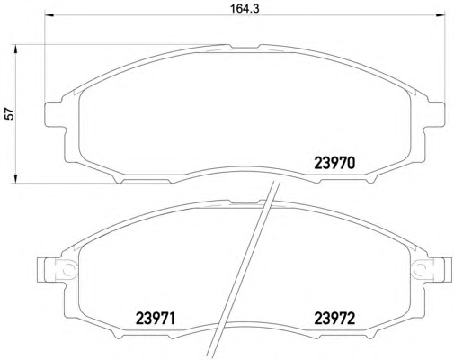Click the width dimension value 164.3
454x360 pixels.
point(245,9)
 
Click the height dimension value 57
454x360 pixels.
point(10,114)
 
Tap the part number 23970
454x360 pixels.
point(334,163)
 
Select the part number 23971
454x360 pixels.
point(155,318)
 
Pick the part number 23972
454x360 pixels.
point(334,318)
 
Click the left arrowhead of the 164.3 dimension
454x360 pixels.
point(49,15)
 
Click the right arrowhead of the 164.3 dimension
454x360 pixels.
point(440,15)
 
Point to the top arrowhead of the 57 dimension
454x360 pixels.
point(14,49)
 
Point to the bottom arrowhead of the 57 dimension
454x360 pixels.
point(14,178)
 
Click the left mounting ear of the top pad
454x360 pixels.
point(55,114)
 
